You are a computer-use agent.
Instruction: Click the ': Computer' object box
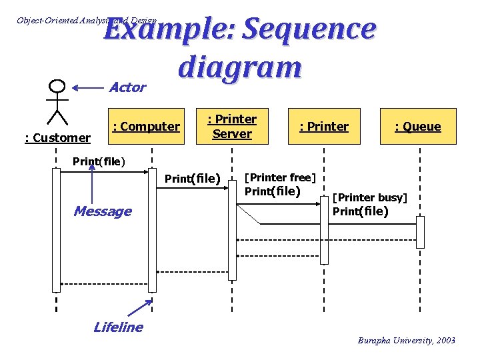[145, 126]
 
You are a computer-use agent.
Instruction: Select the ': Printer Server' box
[232, 126]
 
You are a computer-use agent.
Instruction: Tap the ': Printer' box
[324, 126]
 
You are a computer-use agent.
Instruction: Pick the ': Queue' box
[417, 126]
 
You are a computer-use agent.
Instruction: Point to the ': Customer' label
[57, 138]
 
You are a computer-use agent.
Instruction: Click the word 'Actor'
[127, 87]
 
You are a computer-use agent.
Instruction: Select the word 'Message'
[102, 211]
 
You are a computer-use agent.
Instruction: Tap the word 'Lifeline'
[118, 327]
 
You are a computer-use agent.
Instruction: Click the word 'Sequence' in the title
[309, 30]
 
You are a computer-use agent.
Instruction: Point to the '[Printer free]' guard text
[280, 177]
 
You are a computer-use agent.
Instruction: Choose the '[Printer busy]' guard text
[370, 197]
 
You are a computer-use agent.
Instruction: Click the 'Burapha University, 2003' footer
[406, 341]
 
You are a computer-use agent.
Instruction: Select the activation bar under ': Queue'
[420, 232]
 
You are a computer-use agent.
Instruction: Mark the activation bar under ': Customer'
[57, 230]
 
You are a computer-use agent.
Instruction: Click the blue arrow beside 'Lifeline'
[141, 308]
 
